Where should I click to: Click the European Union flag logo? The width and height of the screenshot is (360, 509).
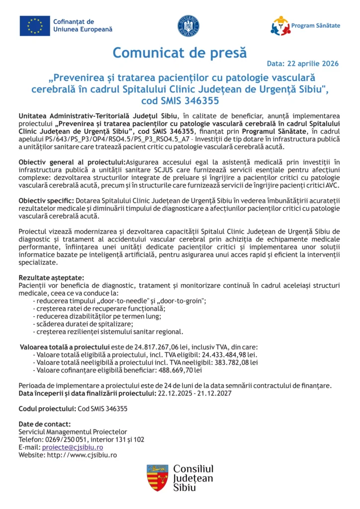coord(35,26)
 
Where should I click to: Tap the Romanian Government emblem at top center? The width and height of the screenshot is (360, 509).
coord(188,25)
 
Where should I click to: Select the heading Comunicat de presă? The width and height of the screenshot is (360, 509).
coord(179,52)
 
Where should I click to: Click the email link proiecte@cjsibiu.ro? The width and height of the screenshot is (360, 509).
coord(72,447)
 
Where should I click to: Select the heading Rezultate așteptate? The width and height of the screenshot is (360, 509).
coord(51,277)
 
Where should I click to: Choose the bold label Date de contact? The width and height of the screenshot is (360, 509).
coord(44,424)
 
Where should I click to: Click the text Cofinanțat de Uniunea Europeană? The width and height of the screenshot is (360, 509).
coord(83,25)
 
